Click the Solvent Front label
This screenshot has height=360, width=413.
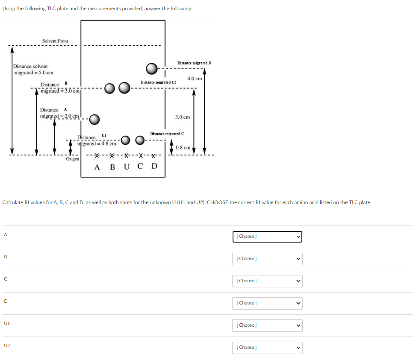[55, 41]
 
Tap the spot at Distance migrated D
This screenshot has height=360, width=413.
[152, 68]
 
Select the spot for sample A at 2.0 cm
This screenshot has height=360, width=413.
[94, 119]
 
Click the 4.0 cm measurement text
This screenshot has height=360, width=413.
[195, 79]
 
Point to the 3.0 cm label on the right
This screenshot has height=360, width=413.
[183, 117]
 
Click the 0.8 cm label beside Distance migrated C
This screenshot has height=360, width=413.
[183, 148]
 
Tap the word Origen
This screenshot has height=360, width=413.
[72, 159]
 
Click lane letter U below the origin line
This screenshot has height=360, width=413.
[126, 167]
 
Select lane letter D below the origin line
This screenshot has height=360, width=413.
[154, 167]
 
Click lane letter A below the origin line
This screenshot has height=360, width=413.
[97, 167]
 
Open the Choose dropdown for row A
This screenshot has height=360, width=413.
[267, 237]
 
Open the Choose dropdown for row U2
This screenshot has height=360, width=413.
[267, 348]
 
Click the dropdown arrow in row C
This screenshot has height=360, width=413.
[298, 281]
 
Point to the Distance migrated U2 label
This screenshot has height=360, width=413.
[158, 82]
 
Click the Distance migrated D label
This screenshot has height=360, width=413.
[194, 63]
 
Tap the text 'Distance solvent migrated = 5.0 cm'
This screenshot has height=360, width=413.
[33, 69]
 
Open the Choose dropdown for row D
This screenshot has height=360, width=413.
[267, 303]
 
